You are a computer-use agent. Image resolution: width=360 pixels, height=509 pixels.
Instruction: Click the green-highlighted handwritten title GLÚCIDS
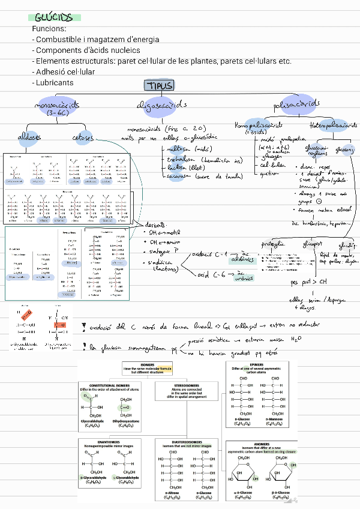coord(53,17)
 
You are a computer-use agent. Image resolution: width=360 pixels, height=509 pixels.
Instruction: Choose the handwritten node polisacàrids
coord(296,104)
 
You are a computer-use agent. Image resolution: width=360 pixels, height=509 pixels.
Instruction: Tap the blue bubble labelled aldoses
coord(29,137)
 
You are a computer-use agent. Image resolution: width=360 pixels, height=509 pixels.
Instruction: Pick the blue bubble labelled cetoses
coord(83,137)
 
